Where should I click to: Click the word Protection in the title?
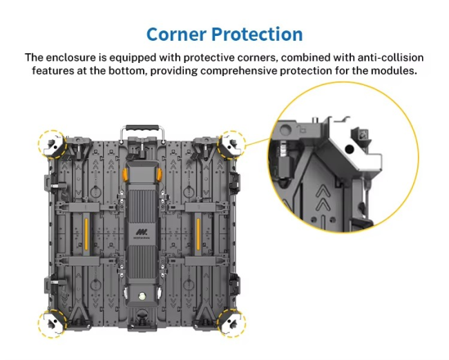tap(257, 34)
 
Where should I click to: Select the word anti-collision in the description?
tap(390, 57)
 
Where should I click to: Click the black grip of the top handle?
tap(142, 128)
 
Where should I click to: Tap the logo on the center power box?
tap(142, 234)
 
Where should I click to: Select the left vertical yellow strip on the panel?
tap(86, 234)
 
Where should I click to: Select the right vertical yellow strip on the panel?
tap(198, 234)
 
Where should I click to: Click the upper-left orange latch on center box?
tap(125, 175)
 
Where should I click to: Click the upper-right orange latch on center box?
tap(159, 175)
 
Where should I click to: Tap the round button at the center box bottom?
tap(142, 296)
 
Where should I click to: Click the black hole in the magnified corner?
tap(349, 149)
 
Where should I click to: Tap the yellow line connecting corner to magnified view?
tap(257, 142)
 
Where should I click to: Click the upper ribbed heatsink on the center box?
tap(142, 206)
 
